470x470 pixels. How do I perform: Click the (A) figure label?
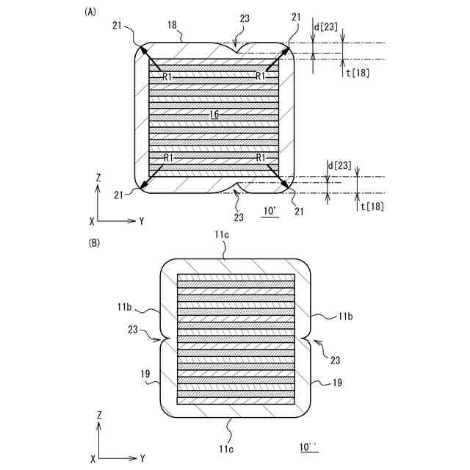click(x=91, y=12)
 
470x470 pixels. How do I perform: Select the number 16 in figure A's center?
click(x=214, y=114)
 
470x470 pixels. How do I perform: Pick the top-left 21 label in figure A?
click(x=118, y=26)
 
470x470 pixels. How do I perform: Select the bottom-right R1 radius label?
click(x=260, y=157)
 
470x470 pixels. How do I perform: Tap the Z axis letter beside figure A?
click(x=98, y=178)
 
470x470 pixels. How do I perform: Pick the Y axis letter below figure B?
click(x=141, y=458)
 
